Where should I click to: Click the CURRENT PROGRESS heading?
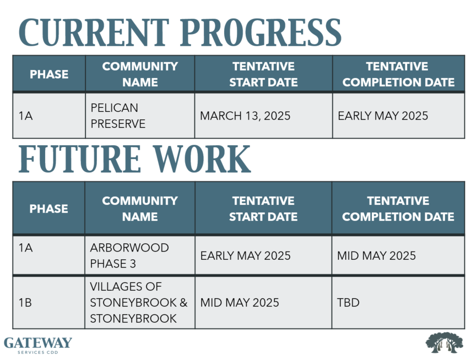[x=180, y=32]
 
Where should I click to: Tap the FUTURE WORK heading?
[x=134, y=159]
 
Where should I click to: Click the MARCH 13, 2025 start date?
[x=245, y=116]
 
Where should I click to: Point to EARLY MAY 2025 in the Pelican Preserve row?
[x=383, y=116]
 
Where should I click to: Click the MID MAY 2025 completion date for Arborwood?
[x=376, y=256]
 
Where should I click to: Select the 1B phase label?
[x=25, y=303]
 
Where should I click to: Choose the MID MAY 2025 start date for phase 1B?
[x=240, y=303]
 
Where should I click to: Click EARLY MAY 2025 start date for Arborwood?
[x=245, y=256]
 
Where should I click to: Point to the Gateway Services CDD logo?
[x=38, y=345]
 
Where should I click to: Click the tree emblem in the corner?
[x=444, y=342]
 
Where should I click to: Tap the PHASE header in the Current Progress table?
[x=49, y=74]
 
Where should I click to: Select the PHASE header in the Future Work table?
[x=48, y=209]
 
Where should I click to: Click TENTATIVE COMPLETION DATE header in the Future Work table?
[x=398, y=209]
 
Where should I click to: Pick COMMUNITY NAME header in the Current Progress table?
[x=140, y=74]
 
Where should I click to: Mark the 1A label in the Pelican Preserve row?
[x=25, y=116]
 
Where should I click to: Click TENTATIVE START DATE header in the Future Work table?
[x=263, y=209]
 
